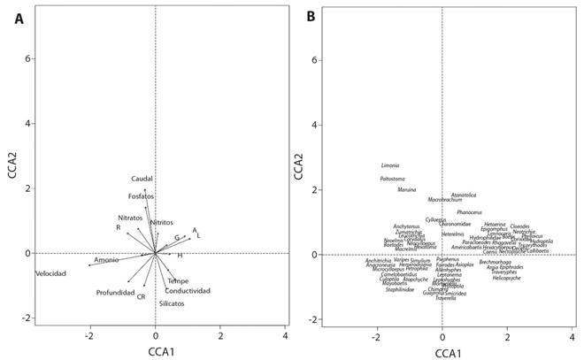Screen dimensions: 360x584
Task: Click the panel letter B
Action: pyautogui.click(x=310, y=17)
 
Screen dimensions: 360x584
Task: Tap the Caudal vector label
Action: pyautogui.click(x=142, y=179)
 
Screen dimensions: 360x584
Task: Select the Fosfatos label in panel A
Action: pyautogui.click(x=141, y=195)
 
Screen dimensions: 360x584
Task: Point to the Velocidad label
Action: pyautogui.click(x=50, y=273)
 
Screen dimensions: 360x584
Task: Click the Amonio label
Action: pyautogui.click(x=106, y=260)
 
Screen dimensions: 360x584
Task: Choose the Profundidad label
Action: pyautogui.click(x=115, y=292)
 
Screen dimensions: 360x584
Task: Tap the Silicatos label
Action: pyautogui.click(x=172, y=303)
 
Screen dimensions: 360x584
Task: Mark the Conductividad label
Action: pyautogui.click(x=188, y=291)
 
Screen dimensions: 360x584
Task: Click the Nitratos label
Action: pyautogui.click(x=130, y=218)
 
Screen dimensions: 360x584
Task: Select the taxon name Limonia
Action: pyautogui.click(x=390, y=165)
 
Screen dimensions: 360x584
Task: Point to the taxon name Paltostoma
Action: pyautogui.click(x=392, y=179)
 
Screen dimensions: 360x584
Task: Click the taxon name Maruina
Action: pyautogui.click(x=407, y=190)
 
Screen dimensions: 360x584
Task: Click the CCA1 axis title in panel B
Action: pyautogui.click(x=442, y=351)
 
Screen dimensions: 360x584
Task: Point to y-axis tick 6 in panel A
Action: pyautogui.click(x=28, y=58)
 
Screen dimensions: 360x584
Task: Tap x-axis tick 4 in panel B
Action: pyautogui.click(x=572, y=337)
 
